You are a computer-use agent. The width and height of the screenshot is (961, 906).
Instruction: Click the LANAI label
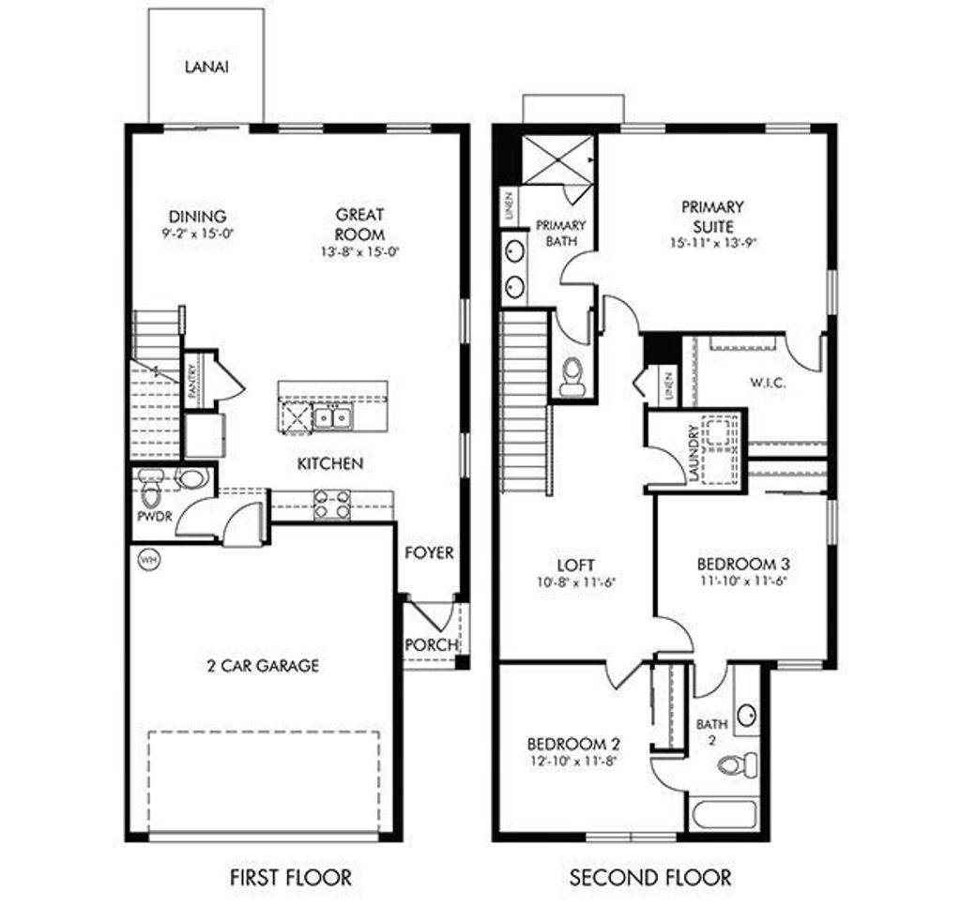pos(206,68)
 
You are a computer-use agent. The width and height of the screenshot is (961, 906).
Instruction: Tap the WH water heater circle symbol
pos(147,560)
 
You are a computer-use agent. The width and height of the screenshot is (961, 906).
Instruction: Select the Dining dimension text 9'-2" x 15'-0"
pos(196,234)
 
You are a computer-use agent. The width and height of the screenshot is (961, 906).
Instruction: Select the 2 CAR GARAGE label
pos(263,666)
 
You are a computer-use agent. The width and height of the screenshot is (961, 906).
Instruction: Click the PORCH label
pos(431,645)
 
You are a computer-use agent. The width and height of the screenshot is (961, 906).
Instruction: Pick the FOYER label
pos(429,553)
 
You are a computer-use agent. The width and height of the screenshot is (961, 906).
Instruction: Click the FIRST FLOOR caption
pos(291,878)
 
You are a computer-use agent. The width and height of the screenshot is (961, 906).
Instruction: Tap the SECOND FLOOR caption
pos(650,878)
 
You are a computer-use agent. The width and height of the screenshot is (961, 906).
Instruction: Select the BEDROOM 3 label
pos(742,564)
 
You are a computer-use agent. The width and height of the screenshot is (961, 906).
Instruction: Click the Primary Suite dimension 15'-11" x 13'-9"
pos(712,241)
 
